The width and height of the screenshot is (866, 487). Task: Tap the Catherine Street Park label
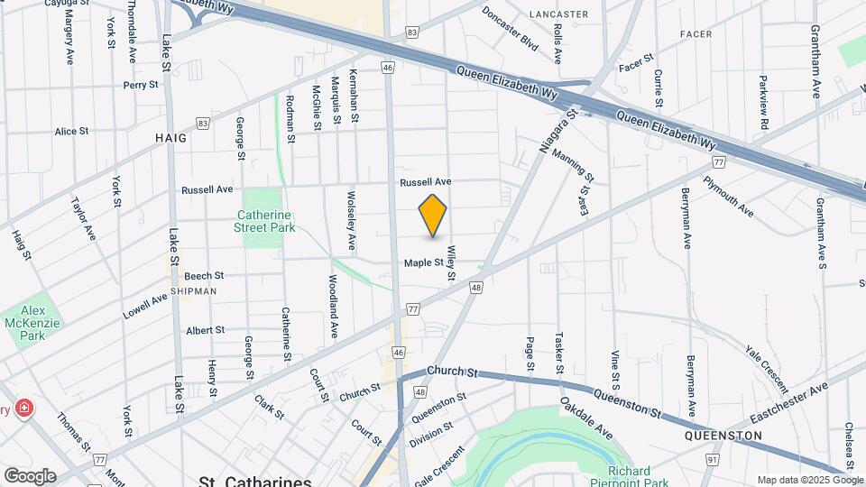266,222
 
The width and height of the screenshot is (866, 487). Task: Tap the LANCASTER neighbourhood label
558,14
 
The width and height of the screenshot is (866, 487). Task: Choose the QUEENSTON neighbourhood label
723,436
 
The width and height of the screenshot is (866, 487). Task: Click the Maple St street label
424,263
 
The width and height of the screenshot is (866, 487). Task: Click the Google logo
30,475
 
